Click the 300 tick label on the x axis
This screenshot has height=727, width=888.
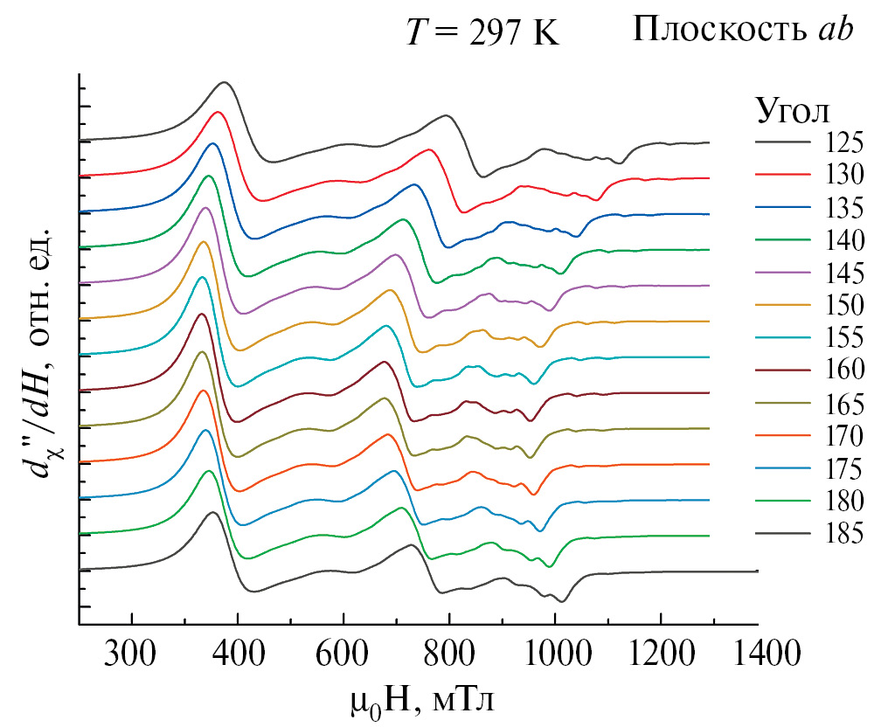(131, 652)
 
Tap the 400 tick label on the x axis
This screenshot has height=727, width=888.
(237, 652)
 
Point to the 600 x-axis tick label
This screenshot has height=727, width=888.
(343, 652)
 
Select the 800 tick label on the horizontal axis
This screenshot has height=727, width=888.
(448, 652)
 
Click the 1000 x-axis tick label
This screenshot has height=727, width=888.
(555, 652)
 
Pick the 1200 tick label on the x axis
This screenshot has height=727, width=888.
(661, 652)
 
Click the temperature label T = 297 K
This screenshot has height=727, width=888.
(481, 32)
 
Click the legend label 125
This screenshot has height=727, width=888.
(843, 142)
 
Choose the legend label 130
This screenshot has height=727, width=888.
(843, 175)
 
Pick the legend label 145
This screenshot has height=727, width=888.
(843, 273)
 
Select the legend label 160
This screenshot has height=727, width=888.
(843, 370)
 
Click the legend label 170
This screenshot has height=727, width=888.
(843, 435)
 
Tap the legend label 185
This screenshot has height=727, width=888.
(843, 533)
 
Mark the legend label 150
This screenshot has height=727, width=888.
(843, 305)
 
